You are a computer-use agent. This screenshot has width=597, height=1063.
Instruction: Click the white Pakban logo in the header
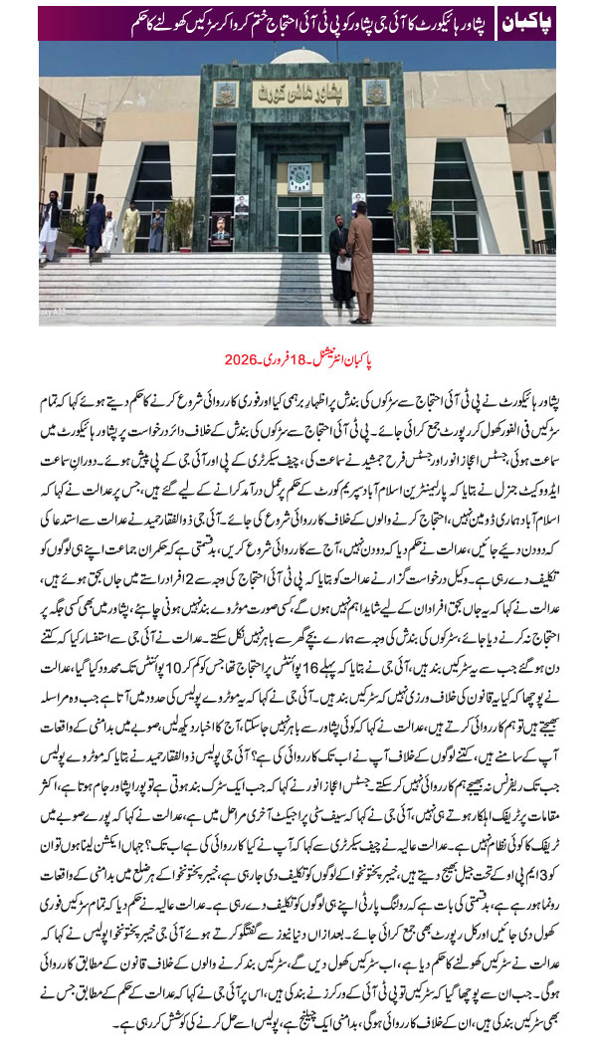[526, 23]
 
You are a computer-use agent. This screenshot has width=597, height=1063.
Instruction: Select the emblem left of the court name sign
[227, 94]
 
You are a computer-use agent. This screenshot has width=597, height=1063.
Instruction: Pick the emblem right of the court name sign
[375, 94]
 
